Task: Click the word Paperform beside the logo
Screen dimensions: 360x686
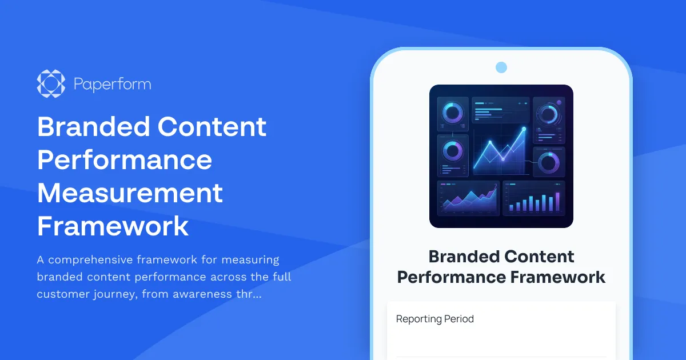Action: (x=112, y=85)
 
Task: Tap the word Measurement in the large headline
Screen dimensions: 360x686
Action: (x=130, y=193)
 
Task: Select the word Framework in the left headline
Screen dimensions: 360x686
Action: (x=113, y=226)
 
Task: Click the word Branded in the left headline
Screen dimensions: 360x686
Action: (x=93, y=126)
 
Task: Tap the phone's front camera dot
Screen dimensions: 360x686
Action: (x=501, y=67)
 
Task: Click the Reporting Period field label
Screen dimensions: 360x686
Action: (x=434, y=319)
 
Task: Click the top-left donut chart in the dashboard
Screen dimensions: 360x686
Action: (x=453, y=113)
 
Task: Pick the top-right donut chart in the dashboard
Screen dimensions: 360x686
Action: (x=549, y=115)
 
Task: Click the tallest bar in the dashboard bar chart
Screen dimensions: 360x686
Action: (x=557, y=202)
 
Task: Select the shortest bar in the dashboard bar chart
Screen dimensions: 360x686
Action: (x=510, y=207)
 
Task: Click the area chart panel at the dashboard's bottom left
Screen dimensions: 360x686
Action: (x=468, y=198)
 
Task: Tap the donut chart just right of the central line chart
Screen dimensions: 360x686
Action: (x=549, y=162)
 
